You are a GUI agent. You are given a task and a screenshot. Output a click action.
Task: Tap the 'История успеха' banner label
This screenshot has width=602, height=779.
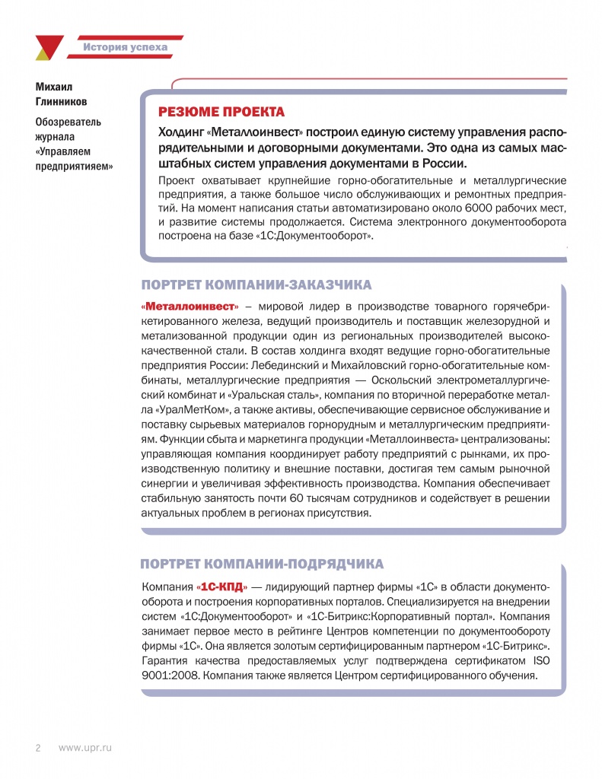pos(126,48)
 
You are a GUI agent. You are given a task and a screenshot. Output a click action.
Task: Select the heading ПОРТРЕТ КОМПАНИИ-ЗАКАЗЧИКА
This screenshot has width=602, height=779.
pos(256,285)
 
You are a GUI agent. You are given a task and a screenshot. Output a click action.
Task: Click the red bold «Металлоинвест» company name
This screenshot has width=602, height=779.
pos(190,306)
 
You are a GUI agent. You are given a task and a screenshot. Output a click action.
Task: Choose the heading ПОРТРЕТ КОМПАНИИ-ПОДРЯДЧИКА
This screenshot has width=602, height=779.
pos(263,564)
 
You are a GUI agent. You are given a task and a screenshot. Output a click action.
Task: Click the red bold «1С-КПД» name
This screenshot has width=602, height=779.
pos(222,587)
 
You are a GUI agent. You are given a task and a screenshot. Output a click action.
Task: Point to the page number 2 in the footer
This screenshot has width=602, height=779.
pos(37,749)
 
